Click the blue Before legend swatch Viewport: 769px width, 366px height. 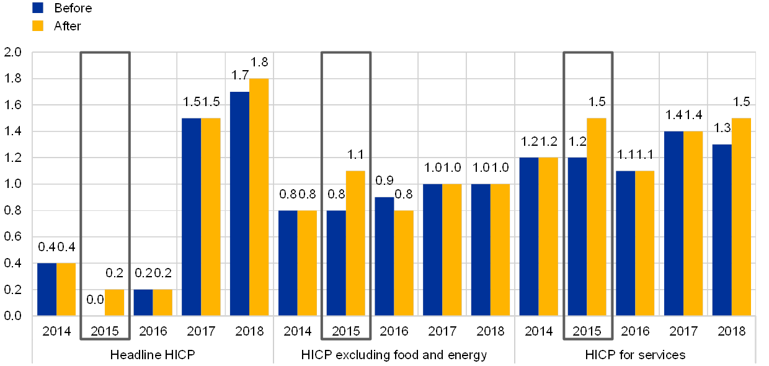click(x=38, y=7)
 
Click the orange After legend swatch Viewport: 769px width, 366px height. click(x=38, y=25)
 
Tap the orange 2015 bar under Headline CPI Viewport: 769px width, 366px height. click(x=115, y=302)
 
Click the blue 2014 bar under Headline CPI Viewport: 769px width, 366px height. click(x=47, y=289)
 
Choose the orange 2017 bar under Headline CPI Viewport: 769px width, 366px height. click(x=211, y=216)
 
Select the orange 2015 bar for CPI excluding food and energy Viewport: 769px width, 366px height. click(x=355, y=243)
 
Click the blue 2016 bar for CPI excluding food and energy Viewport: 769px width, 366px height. click(x=384, y=256)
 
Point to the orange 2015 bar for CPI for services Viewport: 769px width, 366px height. click(x=597, y=216)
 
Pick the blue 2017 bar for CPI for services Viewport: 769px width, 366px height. click(x=673, y=223)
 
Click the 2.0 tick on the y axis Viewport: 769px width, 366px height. click(x=12, y=52)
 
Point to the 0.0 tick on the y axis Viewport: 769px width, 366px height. click(x=12, y=316)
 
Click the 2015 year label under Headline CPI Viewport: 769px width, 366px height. click(x=105, y=330)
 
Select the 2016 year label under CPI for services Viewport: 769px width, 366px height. click(x=635, y=330)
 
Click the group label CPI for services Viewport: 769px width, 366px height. click(x=642, y=355)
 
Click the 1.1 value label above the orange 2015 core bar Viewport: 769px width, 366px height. click(x=355, y=153)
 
